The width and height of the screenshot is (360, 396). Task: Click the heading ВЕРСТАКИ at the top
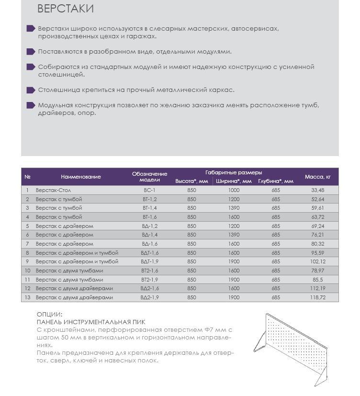[65, 9]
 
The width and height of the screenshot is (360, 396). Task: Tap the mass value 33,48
[317, 190]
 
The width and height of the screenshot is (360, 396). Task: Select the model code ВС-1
[149, 190]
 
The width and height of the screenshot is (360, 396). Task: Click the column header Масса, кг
[317, 177]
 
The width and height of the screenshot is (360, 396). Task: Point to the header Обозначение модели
[149, 177]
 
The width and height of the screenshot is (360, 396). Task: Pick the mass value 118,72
[317, 297]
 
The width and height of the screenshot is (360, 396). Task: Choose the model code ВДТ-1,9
[149, 261]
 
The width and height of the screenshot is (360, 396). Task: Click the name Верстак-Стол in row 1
[53, 190]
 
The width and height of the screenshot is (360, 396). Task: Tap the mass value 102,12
[317, 261]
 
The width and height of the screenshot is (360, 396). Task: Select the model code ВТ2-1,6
[149, 271]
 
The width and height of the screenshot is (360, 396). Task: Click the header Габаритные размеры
[234, 172]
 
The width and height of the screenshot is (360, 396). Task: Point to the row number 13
[27, 297]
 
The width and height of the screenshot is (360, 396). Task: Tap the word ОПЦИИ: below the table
[49, 314]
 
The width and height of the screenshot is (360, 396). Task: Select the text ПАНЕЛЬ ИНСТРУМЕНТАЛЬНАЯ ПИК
[90, 322]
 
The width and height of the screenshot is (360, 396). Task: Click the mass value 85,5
[317, 280]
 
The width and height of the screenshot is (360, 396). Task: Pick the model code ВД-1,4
[149, 235]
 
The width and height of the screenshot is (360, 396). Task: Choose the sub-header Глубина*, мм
[275, 181]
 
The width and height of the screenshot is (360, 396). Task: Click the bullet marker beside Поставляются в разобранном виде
[31, 52]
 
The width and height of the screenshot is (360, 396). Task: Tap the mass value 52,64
[317, 199]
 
